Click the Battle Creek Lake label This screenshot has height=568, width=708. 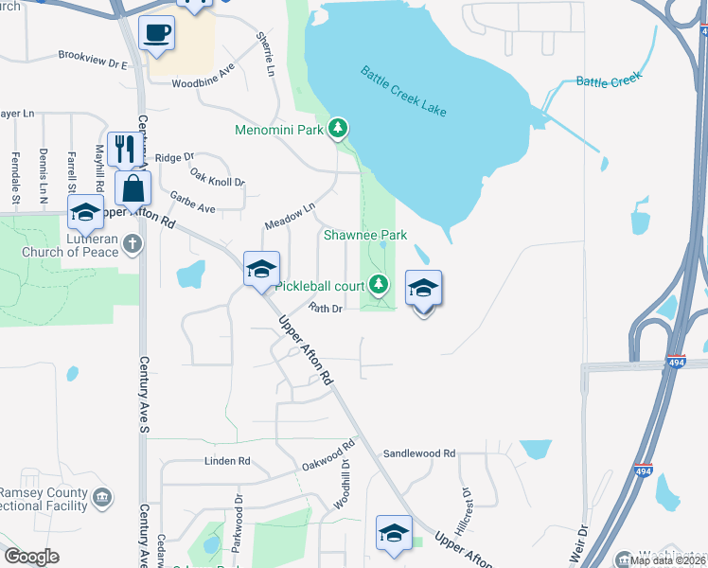(402, 93)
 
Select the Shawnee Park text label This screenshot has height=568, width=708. (364, 234)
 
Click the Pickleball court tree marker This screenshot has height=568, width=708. (379, 283)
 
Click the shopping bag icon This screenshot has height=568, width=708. (133, 188)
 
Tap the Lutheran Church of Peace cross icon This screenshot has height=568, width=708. (133, 244)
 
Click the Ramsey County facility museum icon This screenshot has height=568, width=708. (103, 496)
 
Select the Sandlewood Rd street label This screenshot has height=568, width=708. (419, 454)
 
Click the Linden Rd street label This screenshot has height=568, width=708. (227, 462)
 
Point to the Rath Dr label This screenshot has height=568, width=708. (324, 308)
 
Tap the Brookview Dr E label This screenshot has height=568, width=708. (92, 60)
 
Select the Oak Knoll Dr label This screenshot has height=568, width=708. (217, 176)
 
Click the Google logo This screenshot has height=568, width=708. (31, 557)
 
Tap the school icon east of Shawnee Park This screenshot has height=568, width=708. (424, 290)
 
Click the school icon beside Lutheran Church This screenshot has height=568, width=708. (85, 213)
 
